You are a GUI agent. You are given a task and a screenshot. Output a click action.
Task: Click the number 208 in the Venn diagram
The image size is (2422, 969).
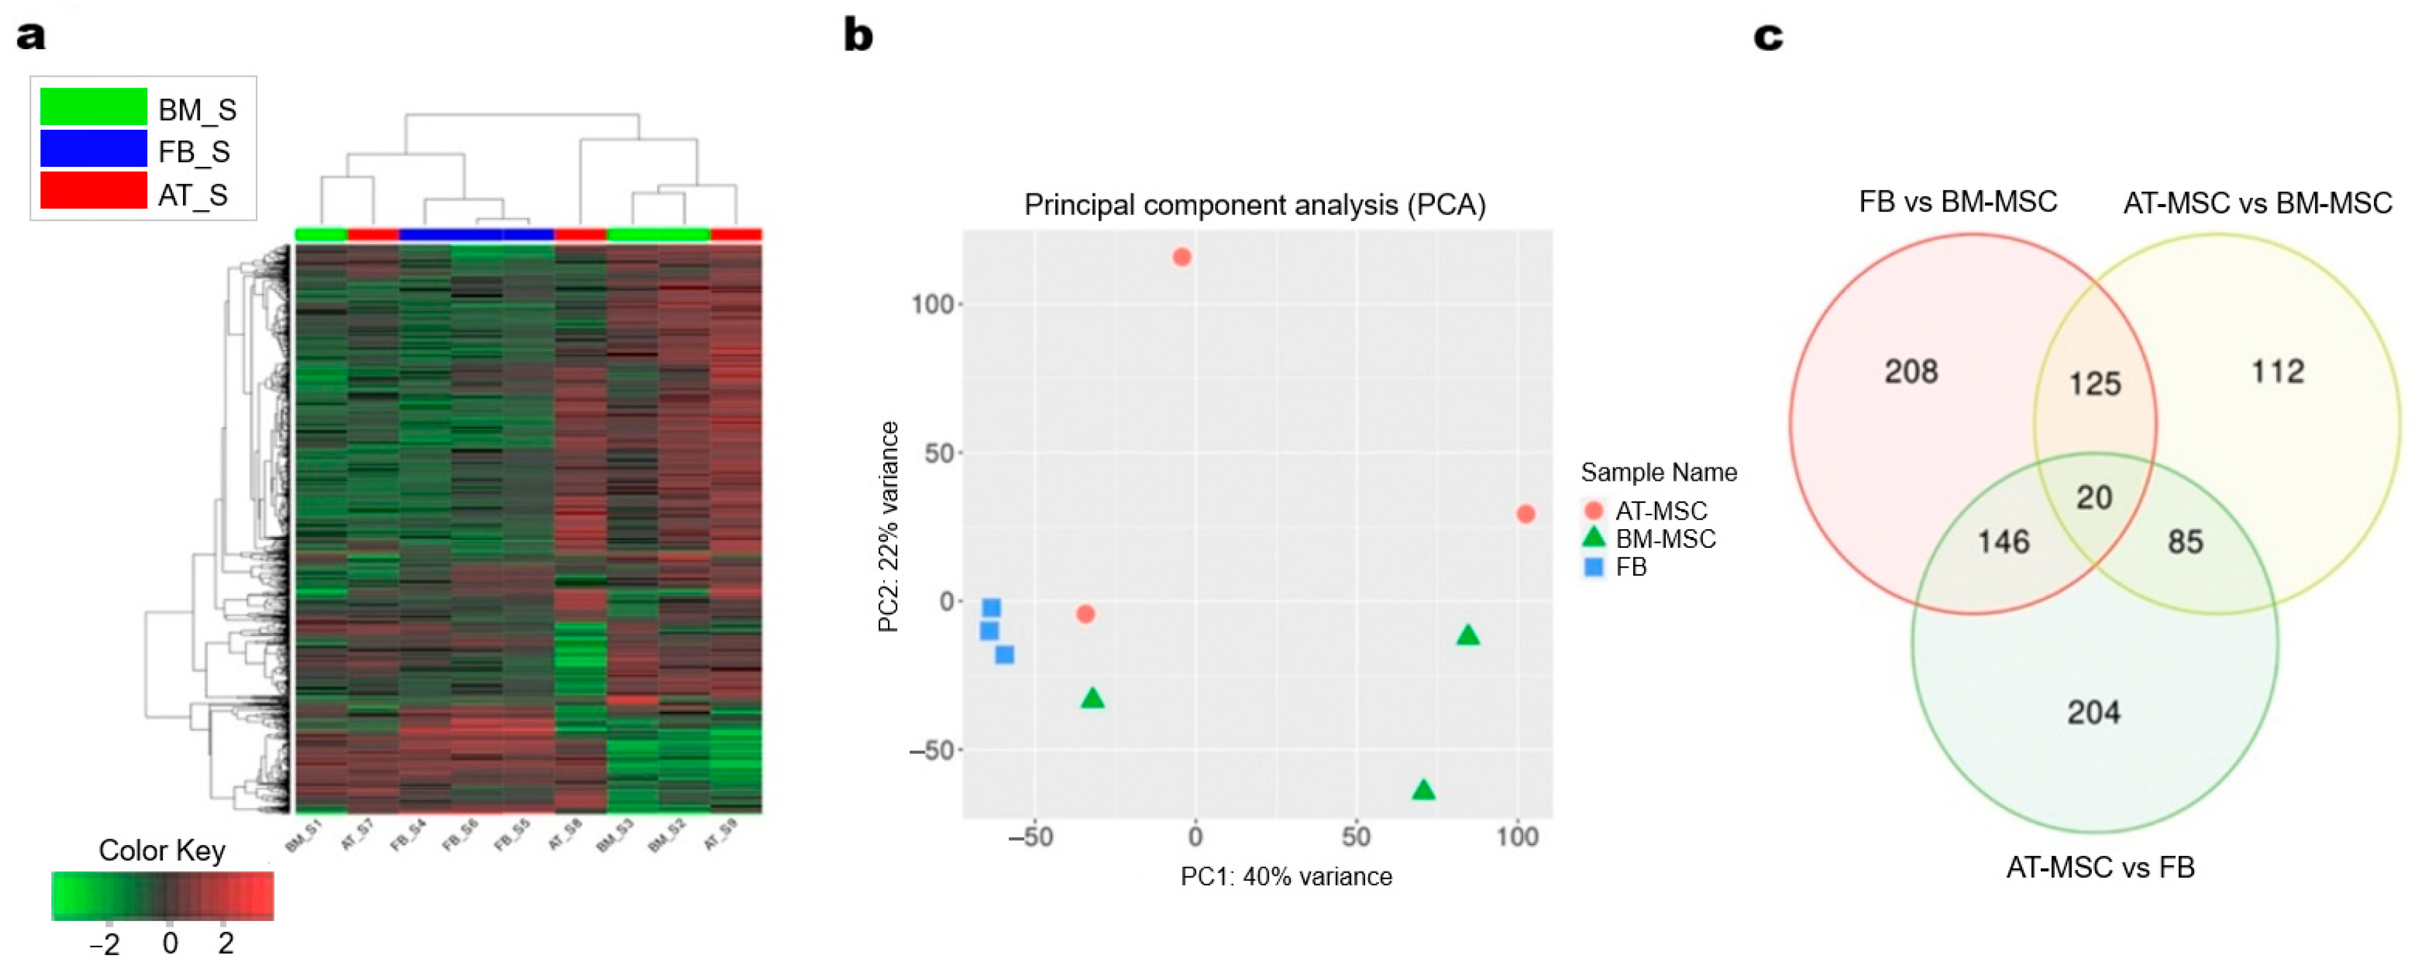[1910, 371]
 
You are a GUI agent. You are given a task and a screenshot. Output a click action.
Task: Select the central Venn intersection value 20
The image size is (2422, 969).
[2094, 497]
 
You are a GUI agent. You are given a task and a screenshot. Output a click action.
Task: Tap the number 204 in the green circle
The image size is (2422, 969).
[2093, 713]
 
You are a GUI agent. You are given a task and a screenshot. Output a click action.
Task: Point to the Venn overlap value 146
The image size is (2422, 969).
[2003, 541]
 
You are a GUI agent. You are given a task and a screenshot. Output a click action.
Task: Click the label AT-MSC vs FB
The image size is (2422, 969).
[2100, 867]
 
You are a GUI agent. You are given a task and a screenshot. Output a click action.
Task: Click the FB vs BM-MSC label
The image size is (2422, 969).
[1958, 202]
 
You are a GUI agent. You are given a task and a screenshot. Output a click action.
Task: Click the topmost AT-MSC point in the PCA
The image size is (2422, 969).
[1182, 256]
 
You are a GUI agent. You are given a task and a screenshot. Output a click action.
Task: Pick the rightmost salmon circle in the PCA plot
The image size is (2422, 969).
[1526, 514]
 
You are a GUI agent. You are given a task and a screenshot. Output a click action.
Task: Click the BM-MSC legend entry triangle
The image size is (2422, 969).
[1594, 538]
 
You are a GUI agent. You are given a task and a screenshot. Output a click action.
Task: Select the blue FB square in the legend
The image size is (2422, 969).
[1594, 567]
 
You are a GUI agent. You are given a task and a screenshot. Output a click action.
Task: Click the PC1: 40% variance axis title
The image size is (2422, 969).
[1285, 877]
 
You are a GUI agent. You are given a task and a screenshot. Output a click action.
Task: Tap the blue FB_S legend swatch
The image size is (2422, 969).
[93, 150]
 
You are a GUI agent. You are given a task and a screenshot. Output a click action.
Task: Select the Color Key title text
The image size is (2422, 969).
[162, 851]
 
